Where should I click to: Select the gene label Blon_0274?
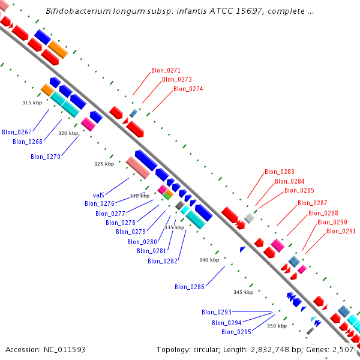[x=188, y=89]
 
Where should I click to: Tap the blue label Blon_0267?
[x=17, y=132]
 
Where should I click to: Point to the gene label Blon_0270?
[x=46, y=157]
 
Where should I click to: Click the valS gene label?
[x=99, y=195]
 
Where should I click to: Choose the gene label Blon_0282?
[x=163, y=261]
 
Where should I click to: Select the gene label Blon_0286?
[x=190, y=287]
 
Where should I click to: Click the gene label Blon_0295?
[x=236, y=332]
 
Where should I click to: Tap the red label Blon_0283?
[x=280, y=172]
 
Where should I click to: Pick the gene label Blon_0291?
[x=341, y=231]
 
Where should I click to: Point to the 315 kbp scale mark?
[x=32, y=103]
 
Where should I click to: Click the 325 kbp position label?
[x=104, y=164]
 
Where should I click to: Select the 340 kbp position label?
[x=209, y=260]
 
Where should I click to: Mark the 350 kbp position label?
[x=277, y=326]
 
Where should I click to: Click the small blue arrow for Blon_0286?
[x=242, y=249]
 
